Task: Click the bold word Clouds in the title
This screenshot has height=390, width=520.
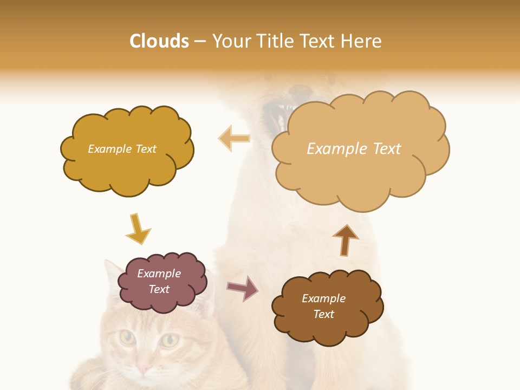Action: pyautogui.click(x=159, y=41)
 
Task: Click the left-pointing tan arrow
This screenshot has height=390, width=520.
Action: pyautogui.click(x=235, y=138)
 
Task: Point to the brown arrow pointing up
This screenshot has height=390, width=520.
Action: pyautogui.click(x=345, y=240)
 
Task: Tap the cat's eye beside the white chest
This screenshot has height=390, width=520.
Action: pyautogui.click(x=170, y=340)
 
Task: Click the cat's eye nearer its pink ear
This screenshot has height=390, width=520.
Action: pyautogui.click(x=127, y=337)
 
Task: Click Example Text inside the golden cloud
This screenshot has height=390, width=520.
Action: pyautogui.click(x=122, y=149)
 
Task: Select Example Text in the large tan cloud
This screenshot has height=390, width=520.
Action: pyautogui.click(x=354, y=149)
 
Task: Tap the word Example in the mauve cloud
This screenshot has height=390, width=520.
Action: pyautogui.click(x=159, y=274)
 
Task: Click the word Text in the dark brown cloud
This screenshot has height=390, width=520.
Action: pyautogui.click(x=323, y=314)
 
